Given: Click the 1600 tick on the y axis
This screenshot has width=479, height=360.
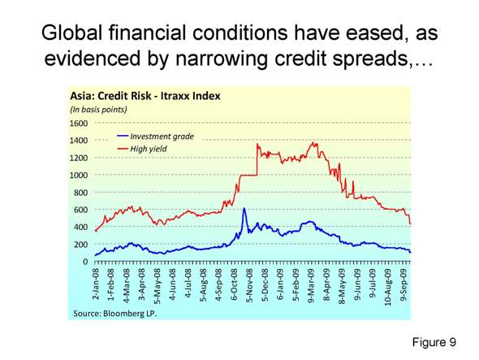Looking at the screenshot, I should click(x=78, y=124).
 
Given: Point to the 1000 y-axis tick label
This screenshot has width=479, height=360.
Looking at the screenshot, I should click(x=78, y=176).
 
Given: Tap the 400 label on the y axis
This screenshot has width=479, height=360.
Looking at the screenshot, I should click(x=80, y=227).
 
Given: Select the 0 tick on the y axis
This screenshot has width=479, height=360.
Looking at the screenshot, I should click(x=85, y=262).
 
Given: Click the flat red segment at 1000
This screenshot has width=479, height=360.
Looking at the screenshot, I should click(x=247, y=176).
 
